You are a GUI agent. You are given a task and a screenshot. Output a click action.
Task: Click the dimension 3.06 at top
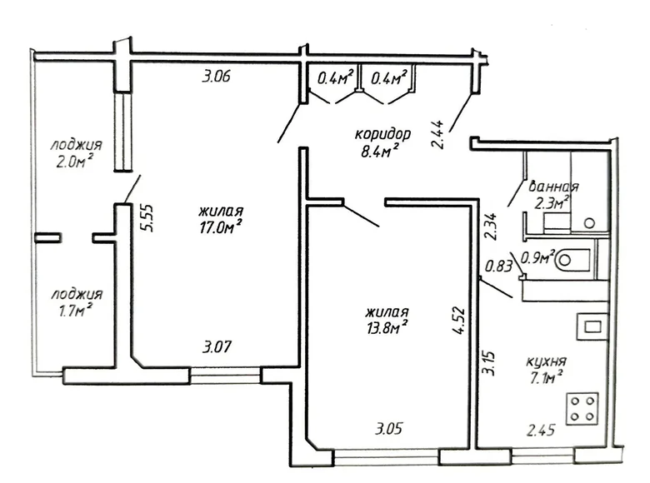point(216,78)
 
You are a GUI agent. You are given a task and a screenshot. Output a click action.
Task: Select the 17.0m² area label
point(221,227)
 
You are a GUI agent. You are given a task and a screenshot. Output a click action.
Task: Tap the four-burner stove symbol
point(584,408)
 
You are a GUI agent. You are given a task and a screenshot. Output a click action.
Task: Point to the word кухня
point(547,361)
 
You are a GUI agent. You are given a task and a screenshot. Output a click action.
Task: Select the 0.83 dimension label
point(497,266)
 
